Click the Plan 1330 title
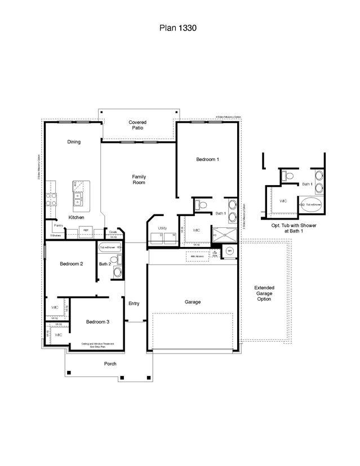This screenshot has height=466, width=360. point(177,27)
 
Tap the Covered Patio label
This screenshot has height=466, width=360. point(137,125)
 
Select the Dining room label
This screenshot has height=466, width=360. point(74,142)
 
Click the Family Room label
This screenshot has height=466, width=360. point(139,180)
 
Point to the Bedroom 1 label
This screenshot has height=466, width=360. point(207,159)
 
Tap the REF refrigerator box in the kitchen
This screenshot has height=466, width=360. point(86,231)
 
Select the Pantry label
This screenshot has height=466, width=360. point(59,225)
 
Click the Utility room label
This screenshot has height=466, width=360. point(162,228)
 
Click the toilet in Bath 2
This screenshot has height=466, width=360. point(114,260)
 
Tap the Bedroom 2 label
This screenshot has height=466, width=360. point(72,263)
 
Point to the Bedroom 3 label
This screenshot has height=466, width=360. point(97,322)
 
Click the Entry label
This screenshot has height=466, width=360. point(134,303)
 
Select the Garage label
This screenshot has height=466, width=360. point(193,302)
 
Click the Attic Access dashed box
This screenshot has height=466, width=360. point(197,256)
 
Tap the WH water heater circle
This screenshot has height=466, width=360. point(229,251)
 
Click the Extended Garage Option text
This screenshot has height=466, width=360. point(264,293)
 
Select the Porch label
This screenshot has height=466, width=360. point(110,364)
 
